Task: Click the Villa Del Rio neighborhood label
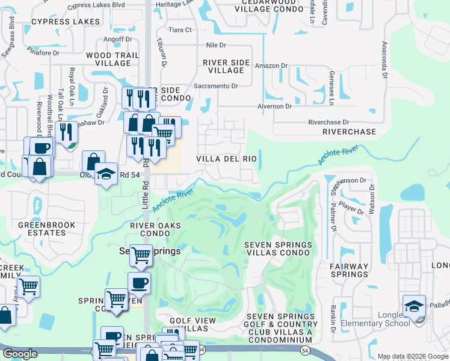pos(227,159)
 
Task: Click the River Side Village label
pos(226,66)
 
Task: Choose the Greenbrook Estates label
pos(46,229)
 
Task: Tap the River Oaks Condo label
pos(152,229)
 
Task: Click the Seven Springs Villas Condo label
pos(278,249)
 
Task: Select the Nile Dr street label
pos(215,45)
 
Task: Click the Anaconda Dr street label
pos(383,60)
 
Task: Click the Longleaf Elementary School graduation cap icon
pos(414,306)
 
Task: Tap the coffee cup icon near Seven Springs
pos(139,283)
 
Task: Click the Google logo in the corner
pos(20,354)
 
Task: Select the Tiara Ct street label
pos(179,29)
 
